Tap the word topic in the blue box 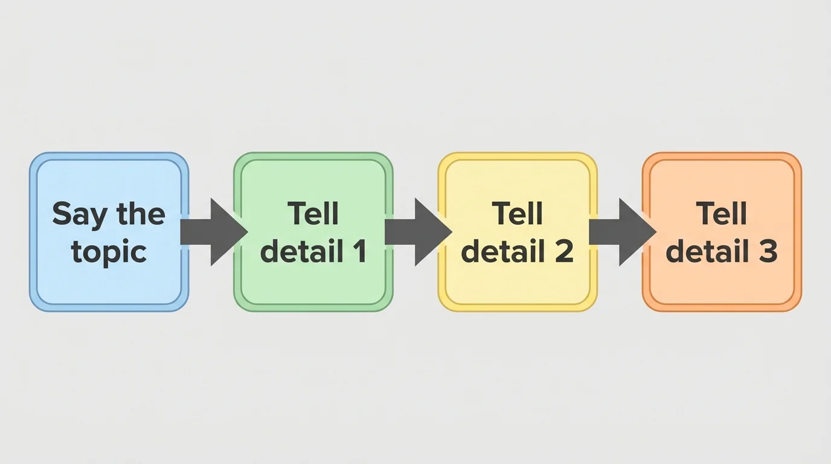pyautogui.click(x=109, y=251)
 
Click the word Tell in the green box pyautogui.click(x=313, y=214)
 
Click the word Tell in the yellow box pyautogui.click(x=517, y=214)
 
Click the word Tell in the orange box pyautogui.click(x=721, y=214)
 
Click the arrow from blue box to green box pyautogui.click(x=211, y=232)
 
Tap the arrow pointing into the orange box pyautogui.click(x=620, y=232)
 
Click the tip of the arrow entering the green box pyautogui.click(x=246, y=232)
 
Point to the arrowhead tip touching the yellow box pyautogui.click(x=450, y=232)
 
